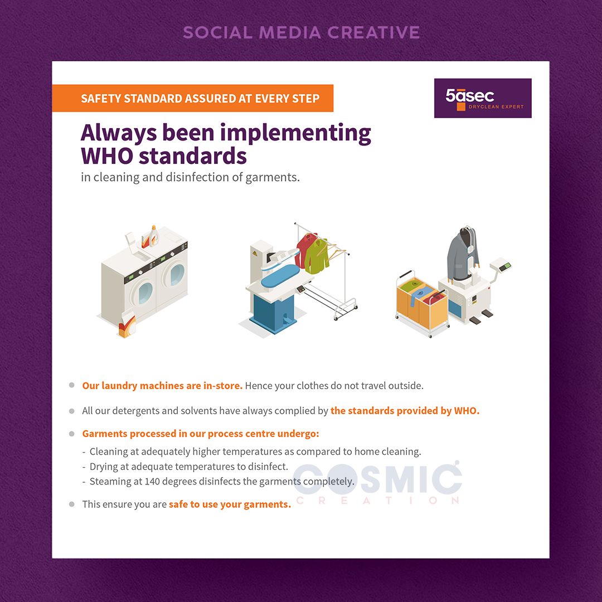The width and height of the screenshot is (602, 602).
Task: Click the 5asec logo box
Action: [x=483, y=98]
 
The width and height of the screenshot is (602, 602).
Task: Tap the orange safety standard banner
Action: [x=193, y=98]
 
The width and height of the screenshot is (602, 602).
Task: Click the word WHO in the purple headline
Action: [x=107, y=156]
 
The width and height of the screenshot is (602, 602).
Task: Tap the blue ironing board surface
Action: [x=280, y=275]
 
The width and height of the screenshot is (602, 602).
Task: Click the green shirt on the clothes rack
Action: [x=317, y=256]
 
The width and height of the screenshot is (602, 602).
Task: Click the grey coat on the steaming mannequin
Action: [x=463, y=254]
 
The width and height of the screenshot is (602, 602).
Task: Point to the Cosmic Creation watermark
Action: [x=377, y=482]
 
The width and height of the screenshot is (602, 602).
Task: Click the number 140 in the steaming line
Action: [x=152, y=482]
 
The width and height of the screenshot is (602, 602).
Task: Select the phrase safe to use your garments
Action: [x=230, y=504]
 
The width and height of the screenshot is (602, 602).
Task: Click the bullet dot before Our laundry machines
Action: [x=72, y=385]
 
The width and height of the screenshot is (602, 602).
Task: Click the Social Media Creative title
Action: [x=302, y=32]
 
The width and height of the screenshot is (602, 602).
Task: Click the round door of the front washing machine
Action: [x=145, y=293]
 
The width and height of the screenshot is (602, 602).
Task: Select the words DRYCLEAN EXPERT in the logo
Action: [x=496, y=106]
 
